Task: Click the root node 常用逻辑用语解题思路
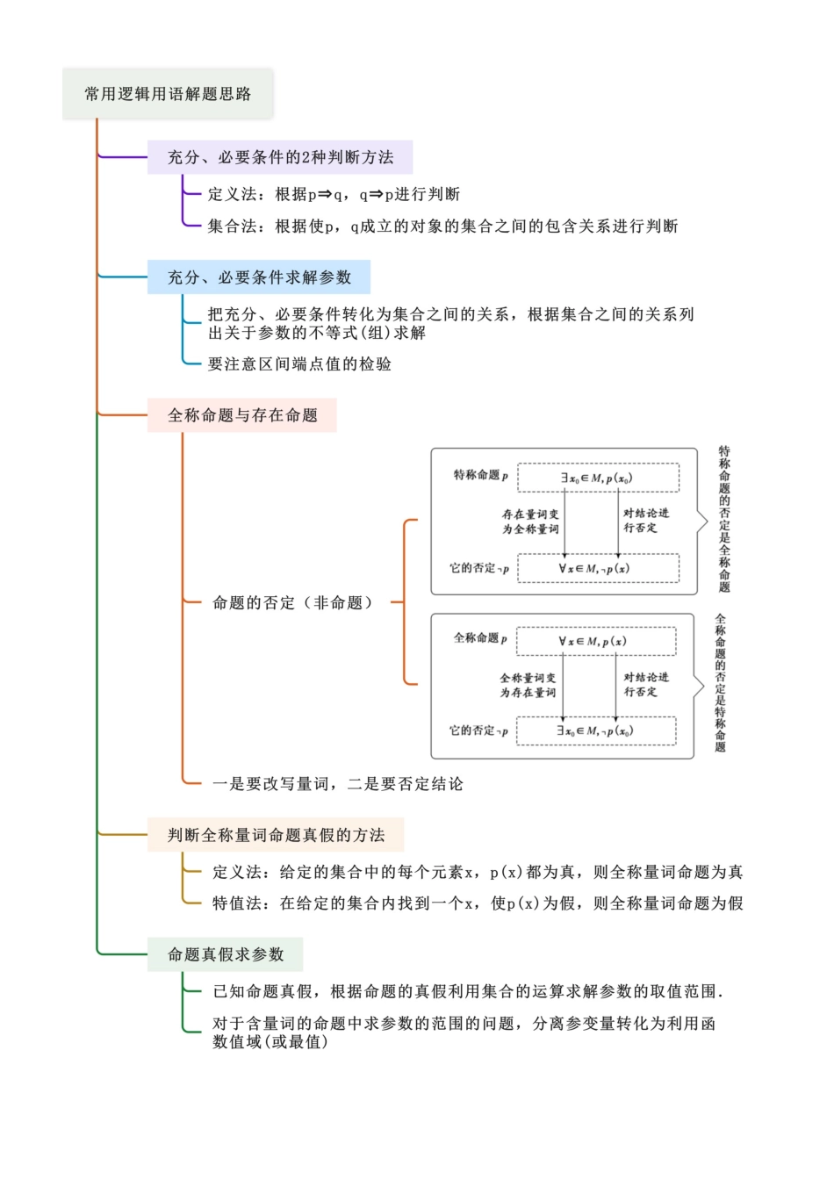[x=168, y=94]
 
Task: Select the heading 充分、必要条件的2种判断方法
[x=280, y=157]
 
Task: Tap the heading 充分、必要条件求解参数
[x=259, y=277]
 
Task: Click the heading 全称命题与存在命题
[x=242, y=415]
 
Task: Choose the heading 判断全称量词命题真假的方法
[x=276, y=835]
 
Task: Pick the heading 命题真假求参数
[x=226, y=954]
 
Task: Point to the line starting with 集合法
[x=442, y=227]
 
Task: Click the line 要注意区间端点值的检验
[x=299, y=364]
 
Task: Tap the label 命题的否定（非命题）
[x=293, y=603]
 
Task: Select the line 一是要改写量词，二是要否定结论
[x=338, y=784]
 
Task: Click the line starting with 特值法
[x=478, y=903]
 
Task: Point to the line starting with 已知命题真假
[x=468, y=992]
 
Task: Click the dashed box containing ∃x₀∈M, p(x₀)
[x=598, y=478]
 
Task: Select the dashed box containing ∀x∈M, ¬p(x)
[x=598, y=568]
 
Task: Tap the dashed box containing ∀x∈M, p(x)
[x=596, y=641]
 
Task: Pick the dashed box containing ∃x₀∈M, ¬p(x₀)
[x=596, y=730]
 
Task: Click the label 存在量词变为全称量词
[x=530, y=522]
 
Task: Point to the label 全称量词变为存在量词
[x=528, y=685]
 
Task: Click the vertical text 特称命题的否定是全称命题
[x=724, y=519]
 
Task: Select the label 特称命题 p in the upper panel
[x=480, y=475]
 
